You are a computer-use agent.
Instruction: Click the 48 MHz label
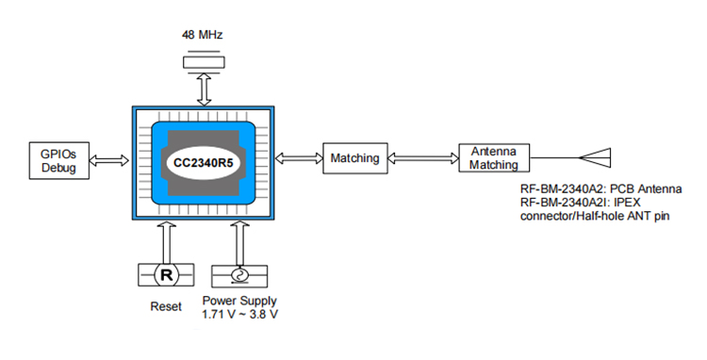coord(202,35)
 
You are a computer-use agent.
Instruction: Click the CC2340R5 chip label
coord(207,162)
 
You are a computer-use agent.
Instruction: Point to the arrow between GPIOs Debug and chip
coord(111,161)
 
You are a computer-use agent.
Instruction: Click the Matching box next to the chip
coord(354,158)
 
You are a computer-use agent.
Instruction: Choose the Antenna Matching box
coord(495,158)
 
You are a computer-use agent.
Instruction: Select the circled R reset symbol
coord(166,275)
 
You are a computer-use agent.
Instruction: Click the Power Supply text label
coord(240,302)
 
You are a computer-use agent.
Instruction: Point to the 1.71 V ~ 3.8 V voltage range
coord(240,315)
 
